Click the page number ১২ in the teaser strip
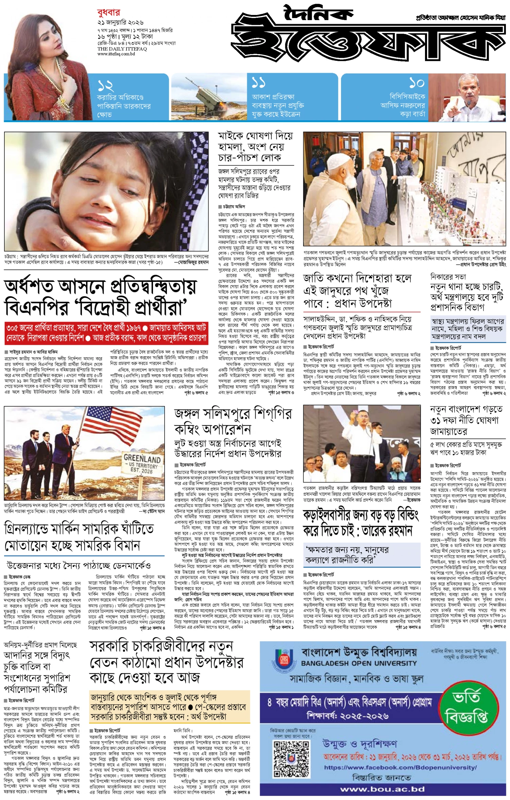pyautogui.click(x=105, y=86)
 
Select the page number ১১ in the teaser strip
pyautogui.click(x=259, y=83)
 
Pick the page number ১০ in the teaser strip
pyautogui.click(x=417, y=83)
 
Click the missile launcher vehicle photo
pyautogui.click(x=209, y=97)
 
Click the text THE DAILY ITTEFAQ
pyautogui.click(x=122, y=49)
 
